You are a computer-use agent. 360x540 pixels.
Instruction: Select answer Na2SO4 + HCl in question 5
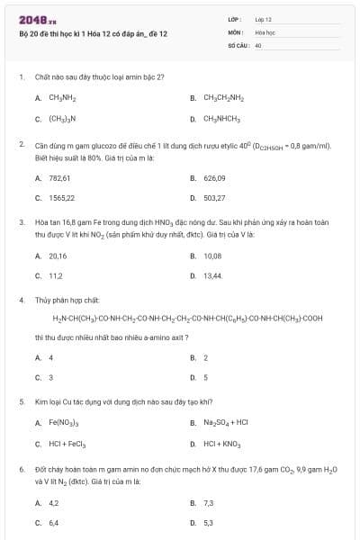pyautogui.click(x=220, y=423)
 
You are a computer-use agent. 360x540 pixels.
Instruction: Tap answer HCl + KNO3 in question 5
pyautogui.click(x=219, y=444)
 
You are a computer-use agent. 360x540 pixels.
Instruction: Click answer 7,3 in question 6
pyautogui.click(x=209, y=502)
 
